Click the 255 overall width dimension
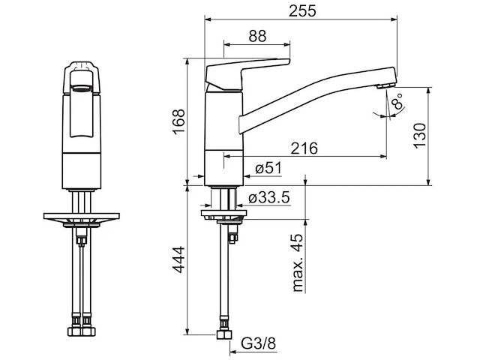tap(302, 11)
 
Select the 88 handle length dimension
tap(257, 36)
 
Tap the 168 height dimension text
tap(178, 121)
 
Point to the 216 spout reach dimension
tap(304, 148)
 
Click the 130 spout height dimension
tap(420, 136)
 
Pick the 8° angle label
tap(397, 100)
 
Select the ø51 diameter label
tap(268, 168)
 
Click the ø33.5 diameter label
tap(268, 198)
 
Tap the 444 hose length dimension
tap(178, 259)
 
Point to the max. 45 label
tap(298, 262)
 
